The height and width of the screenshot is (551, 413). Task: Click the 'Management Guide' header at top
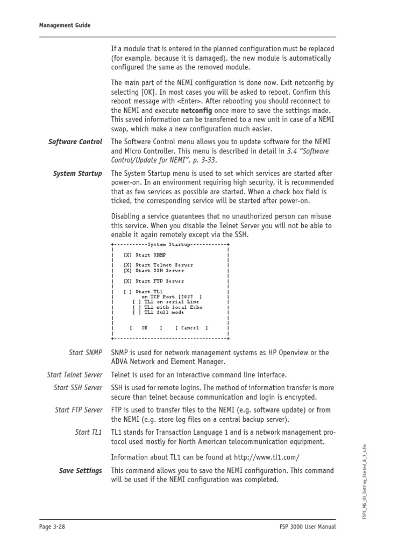click(x=65, y=25)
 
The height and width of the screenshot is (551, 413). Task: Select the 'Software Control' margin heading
click(x=75, y=142)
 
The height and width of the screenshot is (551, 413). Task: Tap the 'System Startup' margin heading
click(x=77, y=173)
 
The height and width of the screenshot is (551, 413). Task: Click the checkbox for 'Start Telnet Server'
click(x=127, y=265)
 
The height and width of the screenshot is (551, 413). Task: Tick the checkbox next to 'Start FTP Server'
click(x=127, y=281)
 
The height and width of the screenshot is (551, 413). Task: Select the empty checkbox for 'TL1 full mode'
click(x=137, y=312)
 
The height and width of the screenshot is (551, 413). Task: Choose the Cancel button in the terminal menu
click(x=191, y=328)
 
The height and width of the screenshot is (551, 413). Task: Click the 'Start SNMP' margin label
click(x=85, y=352)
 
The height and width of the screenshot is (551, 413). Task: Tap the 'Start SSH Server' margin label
click(x=77, y=387)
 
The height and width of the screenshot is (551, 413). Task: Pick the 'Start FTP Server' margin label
click(x=78, y=410)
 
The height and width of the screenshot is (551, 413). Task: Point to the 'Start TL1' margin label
click(x=89, y=432)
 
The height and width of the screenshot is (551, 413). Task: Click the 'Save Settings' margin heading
click(x=80, y=471)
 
